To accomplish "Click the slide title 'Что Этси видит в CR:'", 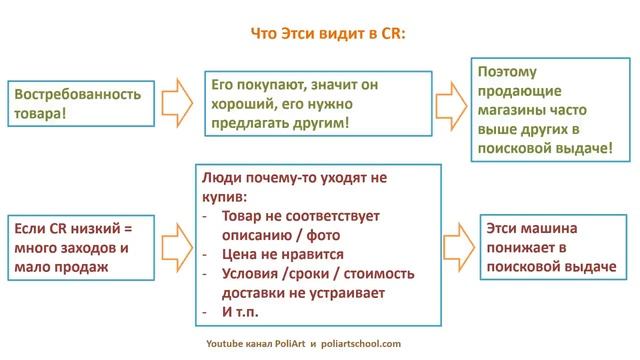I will point(321,33).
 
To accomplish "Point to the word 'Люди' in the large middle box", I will point(220,177).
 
